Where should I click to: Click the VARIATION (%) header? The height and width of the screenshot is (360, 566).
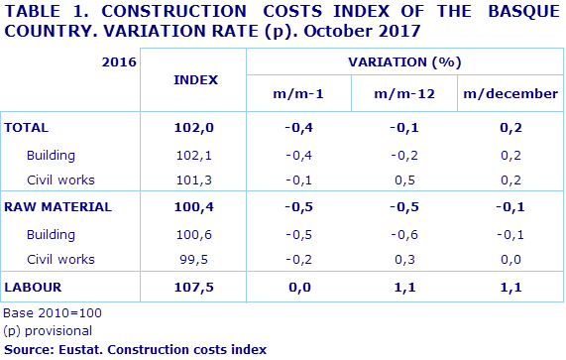pyautogui.click(x=404, y=61)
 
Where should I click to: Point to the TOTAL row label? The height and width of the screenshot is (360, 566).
pyautogui.click(x=27, y=128)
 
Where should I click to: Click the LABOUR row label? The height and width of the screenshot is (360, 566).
pyautogui.click(x=34, y=288)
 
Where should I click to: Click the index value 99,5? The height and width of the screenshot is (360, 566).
pyautogui.click(x=193, y=259)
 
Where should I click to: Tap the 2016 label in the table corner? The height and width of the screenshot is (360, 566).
pyautogui.click(x=119, y=61)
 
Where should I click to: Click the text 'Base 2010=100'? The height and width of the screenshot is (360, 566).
pyautogui.click(x=53, y=312)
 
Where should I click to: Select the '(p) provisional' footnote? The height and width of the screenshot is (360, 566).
pyautogui.click(x=49, y=330)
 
